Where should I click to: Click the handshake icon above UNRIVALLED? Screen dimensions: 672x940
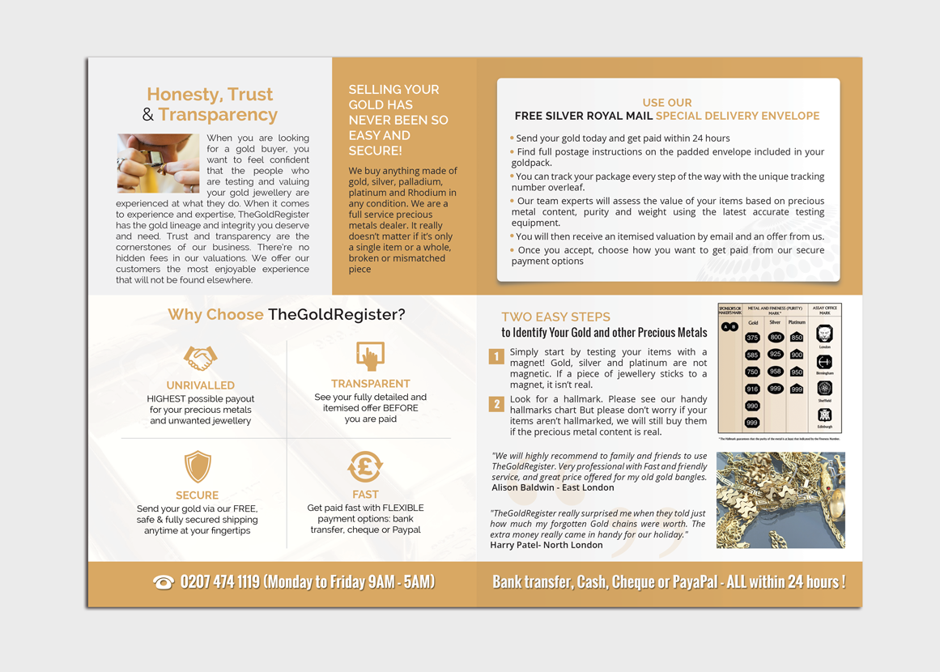(x=200, y=358)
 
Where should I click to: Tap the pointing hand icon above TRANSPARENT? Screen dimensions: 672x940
(x=370, y=356)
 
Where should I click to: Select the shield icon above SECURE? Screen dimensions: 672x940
(x=198, y=467)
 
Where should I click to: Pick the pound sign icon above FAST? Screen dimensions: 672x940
(x=365, y=466)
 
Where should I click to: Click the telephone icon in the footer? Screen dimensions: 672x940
(x=164, y=583)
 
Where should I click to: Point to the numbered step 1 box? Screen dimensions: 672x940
(x=496, y=356)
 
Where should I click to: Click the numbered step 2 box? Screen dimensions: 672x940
(x=496, y=404)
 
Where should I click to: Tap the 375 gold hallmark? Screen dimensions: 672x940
(x=753, y=338)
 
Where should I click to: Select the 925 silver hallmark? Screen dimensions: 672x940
(x=776, y=355)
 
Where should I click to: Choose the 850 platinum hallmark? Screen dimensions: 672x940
(x=797, y=338)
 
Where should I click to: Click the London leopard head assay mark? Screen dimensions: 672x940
(x=824, y=334)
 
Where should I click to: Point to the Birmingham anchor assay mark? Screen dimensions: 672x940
(x=824, y=362)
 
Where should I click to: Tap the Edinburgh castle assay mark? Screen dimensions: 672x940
(x=824, y=415)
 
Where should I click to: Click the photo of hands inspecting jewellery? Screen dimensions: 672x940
(x=158, y=164)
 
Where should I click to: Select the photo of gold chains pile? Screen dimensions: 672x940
(x=780, y=500)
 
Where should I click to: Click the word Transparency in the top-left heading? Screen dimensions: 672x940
(x=218, y=115)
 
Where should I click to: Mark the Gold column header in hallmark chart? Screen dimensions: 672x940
(x=753, y=322)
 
